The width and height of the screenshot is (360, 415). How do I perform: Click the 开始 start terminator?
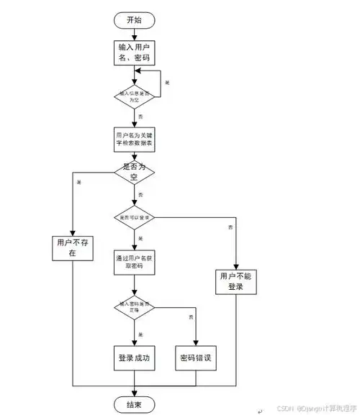(x=135, y=20)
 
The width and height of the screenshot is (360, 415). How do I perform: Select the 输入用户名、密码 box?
(x=135, y=53)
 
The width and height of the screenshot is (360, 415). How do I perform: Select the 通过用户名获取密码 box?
(x=135, y=263)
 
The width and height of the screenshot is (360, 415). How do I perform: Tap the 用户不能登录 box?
(x=236, y=281)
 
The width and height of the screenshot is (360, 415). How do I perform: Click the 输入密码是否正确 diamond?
(x=135, y=308)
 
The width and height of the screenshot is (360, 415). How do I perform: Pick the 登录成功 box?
(x=135, y=357)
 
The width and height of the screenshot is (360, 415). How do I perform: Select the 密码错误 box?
(x=196, y=357)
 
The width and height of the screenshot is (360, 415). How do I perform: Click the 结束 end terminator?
(x=135, y=405)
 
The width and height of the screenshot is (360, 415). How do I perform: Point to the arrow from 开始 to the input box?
(x=135, y=34)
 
